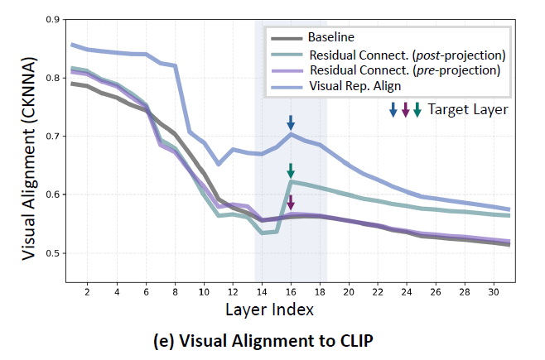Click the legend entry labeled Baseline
[x=330, y=38]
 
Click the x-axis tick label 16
[x=291, y=292]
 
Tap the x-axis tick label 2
[x=87, y=292]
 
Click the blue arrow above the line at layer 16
[x=291, y=122]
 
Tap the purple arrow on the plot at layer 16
[x=291, y=201]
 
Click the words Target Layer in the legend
[x=468, y=109]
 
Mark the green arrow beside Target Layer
[x=417, y=109]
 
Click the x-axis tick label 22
[x=379, y=292]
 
